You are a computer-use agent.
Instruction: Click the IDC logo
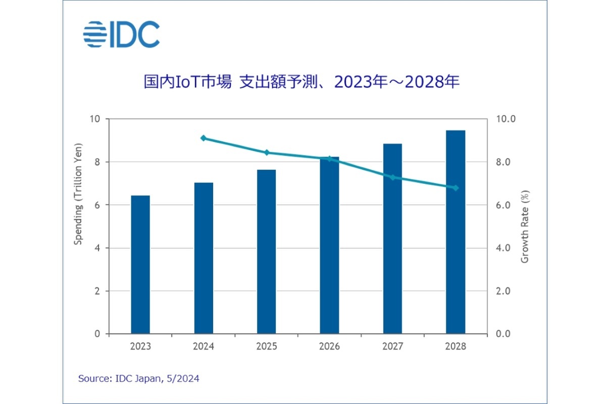(x=121, y=34)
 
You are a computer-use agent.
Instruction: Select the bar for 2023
(x=140, y=265)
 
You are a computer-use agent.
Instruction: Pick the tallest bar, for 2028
(x=456, y=232)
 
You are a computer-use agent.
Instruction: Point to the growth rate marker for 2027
(x=392, y=177)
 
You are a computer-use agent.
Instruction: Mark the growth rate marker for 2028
(x=456, y=188)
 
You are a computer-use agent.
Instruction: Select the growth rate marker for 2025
(x=267, y=153)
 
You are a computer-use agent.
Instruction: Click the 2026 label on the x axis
(x=329, y=347)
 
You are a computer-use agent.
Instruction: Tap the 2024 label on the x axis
(x=204, y=347)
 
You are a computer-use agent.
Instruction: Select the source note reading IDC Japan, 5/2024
(x=139, y=378)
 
